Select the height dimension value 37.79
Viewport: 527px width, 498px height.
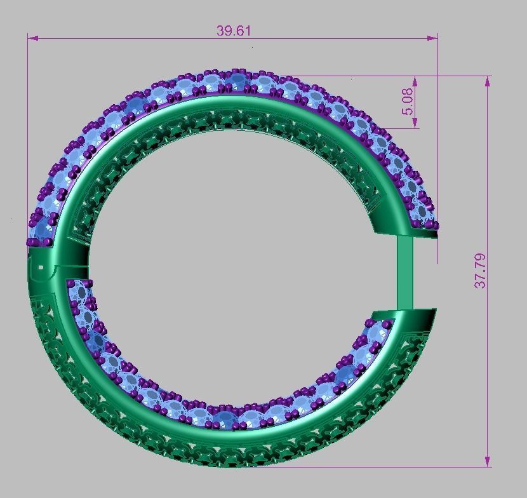(x=481, y=271)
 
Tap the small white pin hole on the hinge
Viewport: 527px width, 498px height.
(x=41, y=267)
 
